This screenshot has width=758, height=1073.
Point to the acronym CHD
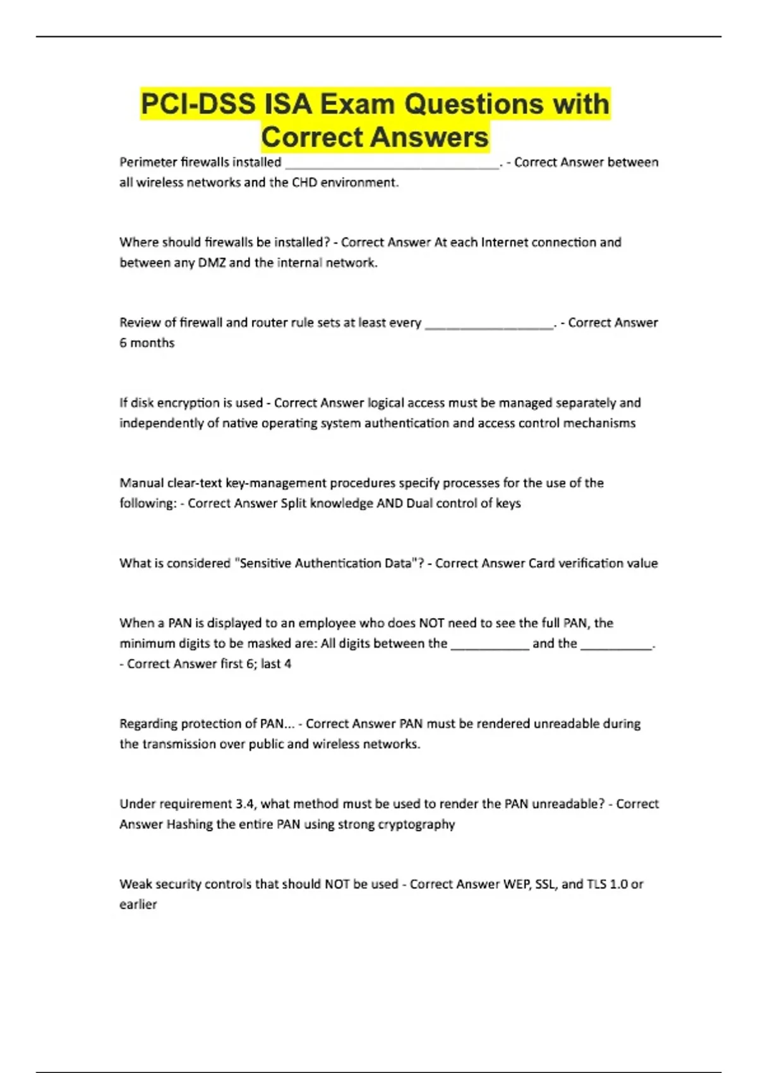pos(306,182)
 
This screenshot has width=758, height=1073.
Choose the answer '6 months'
pos(147,343)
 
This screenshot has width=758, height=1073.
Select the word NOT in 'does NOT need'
pos(431,623)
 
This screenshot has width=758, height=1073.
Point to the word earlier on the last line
pos(138,904)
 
